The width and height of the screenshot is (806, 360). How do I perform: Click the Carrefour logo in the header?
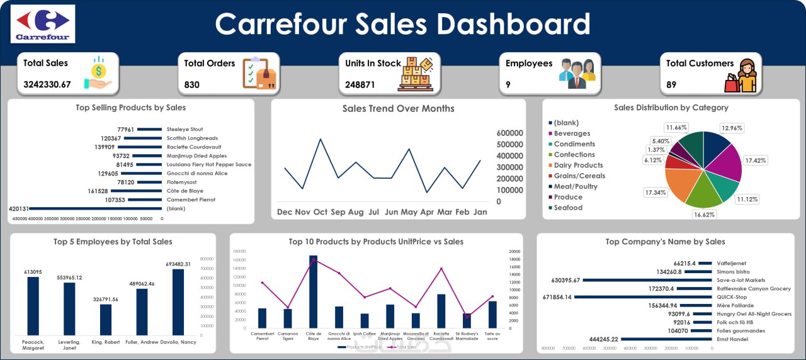coord(43,23)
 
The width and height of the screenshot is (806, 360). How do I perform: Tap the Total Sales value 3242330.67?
coord(47,84)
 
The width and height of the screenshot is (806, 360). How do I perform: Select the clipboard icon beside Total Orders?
coord(259,74)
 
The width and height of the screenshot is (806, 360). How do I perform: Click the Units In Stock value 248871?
coord(360,84)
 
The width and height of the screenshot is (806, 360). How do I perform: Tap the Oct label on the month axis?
coord(321,212)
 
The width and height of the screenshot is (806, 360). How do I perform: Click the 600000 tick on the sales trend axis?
coord(510,133)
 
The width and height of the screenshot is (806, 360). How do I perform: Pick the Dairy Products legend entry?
coord(578,166)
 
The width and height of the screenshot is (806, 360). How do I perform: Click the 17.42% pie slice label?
coord(756,160)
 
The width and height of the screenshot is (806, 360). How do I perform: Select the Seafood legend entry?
coord(568,208)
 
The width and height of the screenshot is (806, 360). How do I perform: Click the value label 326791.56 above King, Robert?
coord(105,299)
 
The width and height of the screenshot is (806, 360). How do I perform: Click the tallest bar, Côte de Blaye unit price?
coord(313,291)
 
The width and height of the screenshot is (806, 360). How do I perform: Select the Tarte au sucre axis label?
coord(493,335)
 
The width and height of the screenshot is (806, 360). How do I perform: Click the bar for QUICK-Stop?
coord(642,297)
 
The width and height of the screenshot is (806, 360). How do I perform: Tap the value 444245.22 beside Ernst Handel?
coord(603,339)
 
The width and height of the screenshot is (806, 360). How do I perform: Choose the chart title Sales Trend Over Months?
coord(398,108)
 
